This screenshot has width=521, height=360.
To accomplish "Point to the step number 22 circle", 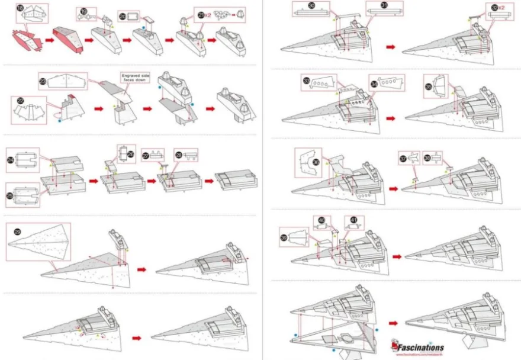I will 20,101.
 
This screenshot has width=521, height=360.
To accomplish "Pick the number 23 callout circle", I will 42,81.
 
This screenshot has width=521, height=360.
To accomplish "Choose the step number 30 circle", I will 311,5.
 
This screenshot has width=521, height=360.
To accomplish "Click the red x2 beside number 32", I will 501,7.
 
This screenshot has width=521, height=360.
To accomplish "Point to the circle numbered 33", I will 306,81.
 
